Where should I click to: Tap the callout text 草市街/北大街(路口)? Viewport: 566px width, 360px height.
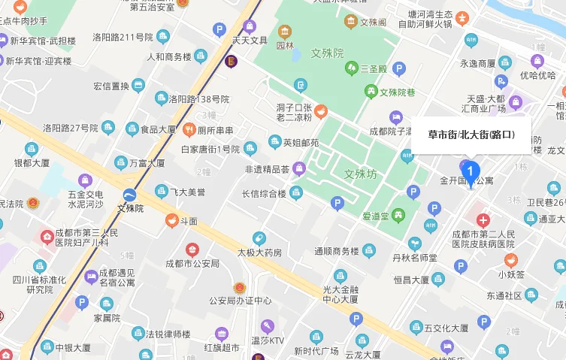[471, 135]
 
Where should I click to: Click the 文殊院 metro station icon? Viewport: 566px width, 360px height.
[131, 194]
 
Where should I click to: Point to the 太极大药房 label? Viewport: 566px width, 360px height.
[259, 253]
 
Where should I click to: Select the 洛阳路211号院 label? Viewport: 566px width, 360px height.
[123, 37]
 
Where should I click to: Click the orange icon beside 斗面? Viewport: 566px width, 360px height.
[171, 221]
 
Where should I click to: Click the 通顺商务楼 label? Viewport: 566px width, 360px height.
[335, 251]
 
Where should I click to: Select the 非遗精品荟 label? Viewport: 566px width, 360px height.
[267, 168]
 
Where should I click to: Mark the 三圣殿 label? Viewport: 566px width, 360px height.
[374, 68]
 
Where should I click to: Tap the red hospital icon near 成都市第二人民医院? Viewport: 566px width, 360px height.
[482, 222]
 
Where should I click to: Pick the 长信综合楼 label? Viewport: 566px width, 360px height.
[263, 194]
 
